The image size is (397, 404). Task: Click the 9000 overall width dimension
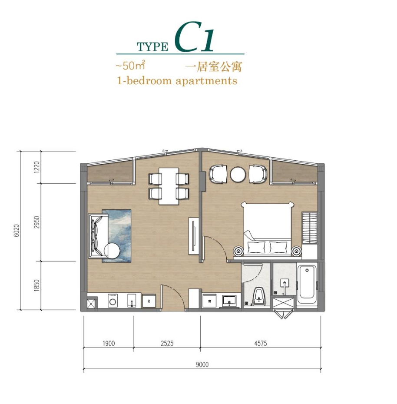[x=202, y=364]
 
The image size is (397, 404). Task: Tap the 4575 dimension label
[x=261, y=343]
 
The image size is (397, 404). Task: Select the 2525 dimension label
[x=167, y=343]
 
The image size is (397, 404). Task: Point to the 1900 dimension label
[x=109, y=343]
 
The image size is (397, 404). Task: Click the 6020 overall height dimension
[x=17, y=231]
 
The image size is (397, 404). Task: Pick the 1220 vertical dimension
[x=37, y=167]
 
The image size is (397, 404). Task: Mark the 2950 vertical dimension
[x=37, y=222]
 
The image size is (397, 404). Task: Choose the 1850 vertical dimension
[x=37, y=285]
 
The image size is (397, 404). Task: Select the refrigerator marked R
[x=149, y=301]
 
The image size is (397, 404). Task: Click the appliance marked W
[x=209, y=301]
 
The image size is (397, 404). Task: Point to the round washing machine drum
[x=112, y=302]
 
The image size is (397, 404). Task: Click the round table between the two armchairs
[x=238, y=175]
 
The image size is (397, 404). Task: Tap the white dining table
[x=169, y=186]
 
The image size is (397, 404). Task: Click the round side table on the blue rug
[x=112, y=251]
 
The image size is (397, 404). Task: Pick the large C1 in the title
[x=195, y=37]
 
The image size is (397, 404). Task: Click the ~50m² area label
[x=130, y=66]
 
